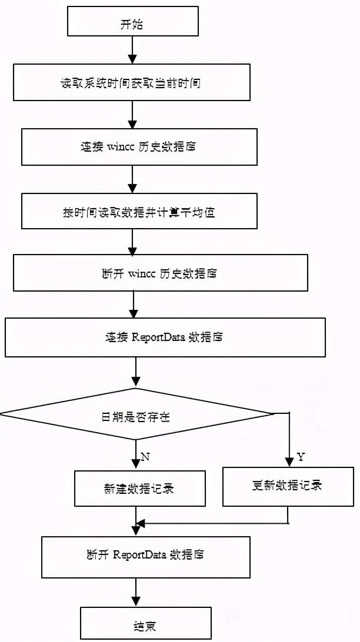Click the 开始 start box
tap(133, 24)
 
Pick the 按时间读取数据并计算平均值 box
tap(139, 212)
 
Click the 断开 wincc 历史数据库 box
tap(160, 273)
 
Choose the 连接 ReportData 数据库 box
tap(165, 337)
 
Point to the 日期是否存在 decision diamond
tap(136, 414)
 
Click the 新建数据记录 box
tap(139, 488)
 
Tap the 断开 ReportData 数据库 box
tap(145, 556)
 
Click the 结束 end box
tap(145, 624)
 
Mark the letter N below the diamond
tap(145, 456)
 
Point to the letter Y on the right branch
tap(300, 456)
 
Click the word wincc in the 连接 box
tap(122, 146)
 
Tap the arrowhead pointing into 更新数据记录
tap(289, 462)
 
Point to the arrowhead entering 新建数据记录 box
tap(136, 464)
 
